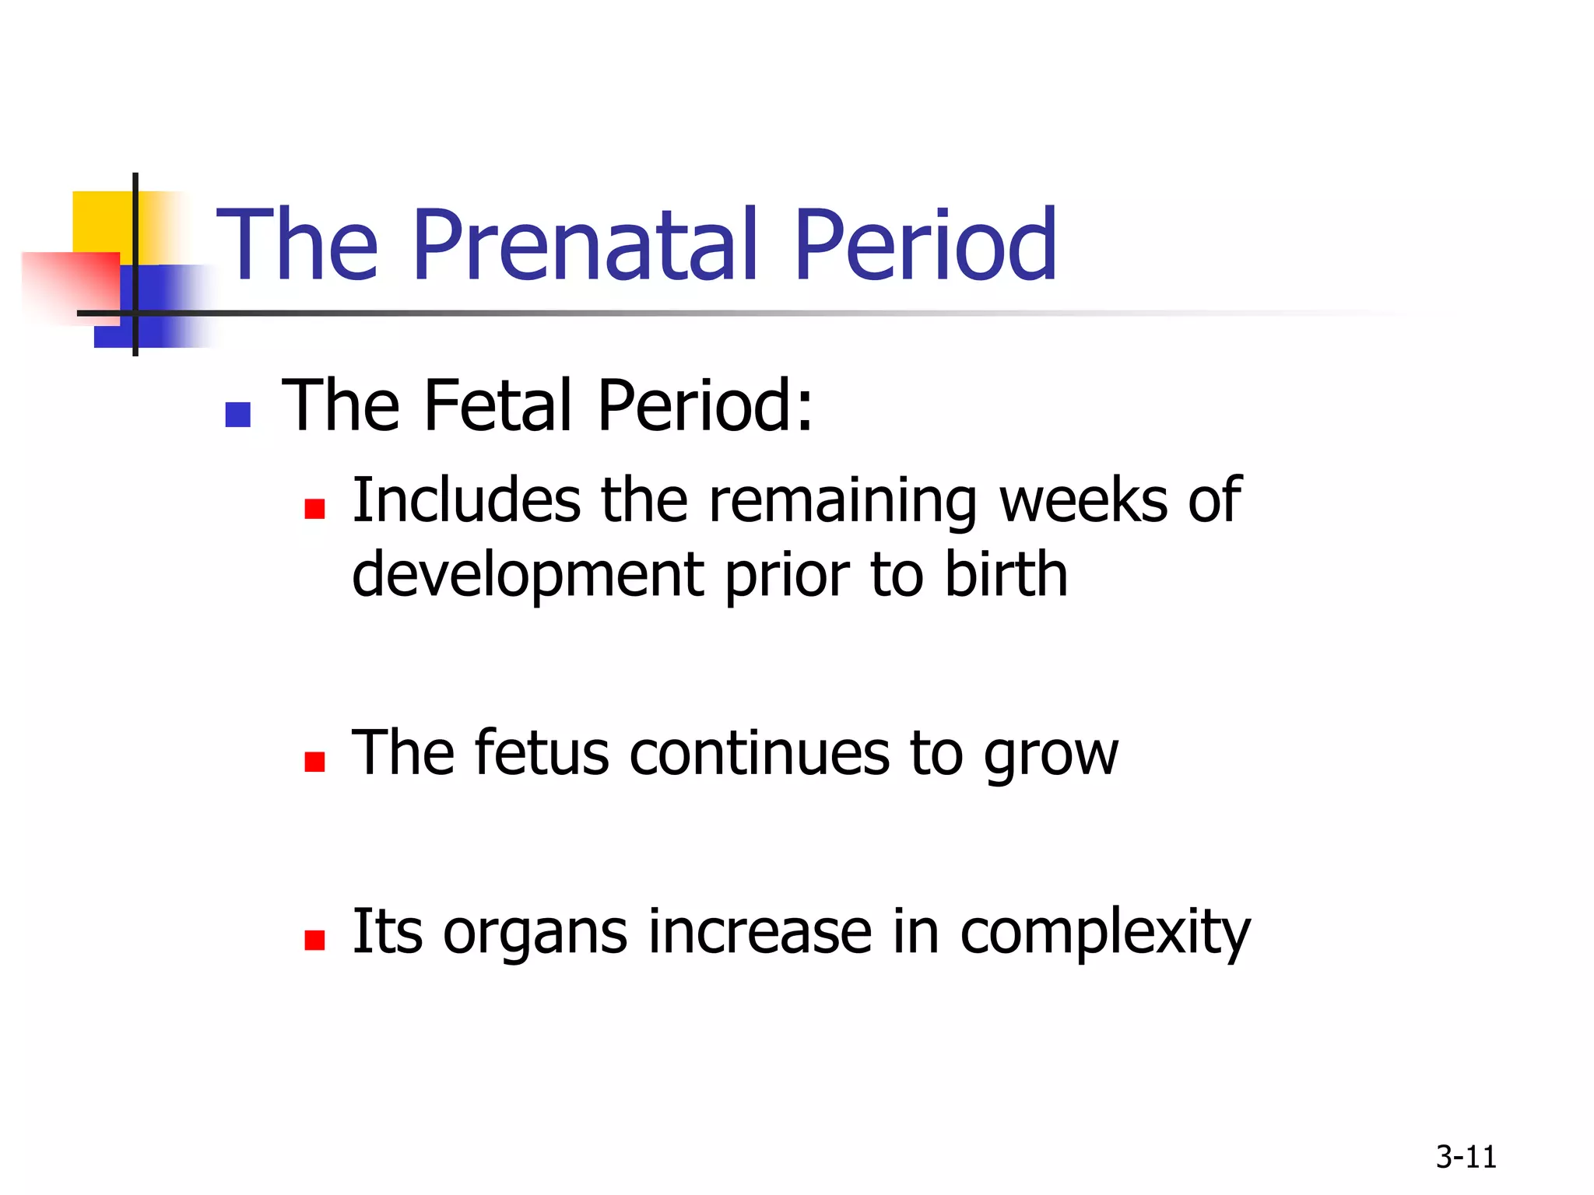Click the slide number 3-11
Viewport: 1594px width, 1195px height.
pos(1466,1157)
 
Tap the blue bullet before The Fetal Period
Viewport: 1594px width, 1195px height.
pos(237,415)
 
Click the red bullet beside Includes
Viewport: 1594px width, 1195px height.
pos(314,509)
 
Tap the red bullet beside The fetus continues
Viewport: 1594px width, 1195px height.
pos(314,761)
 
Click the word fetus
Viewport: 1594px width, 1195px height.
pos(542,753)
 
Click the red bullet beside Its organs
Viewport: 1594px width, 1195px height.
pos(314,940)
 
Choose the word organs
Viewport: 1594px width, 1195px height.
pos(535,934)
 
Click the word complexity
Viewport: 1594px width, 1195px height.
pos(1104,934)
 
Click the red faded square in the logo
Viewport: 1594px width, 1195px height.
pos(70,284)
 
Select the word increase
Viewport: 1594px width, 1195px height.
pos(760,932)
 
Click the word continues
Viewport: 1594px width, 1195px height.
pos(759,753)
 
